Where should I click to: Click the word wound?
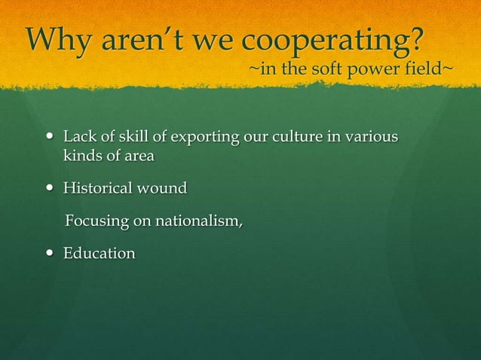tap(161, 188)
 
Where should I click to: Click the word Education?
tap(99, 254)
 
